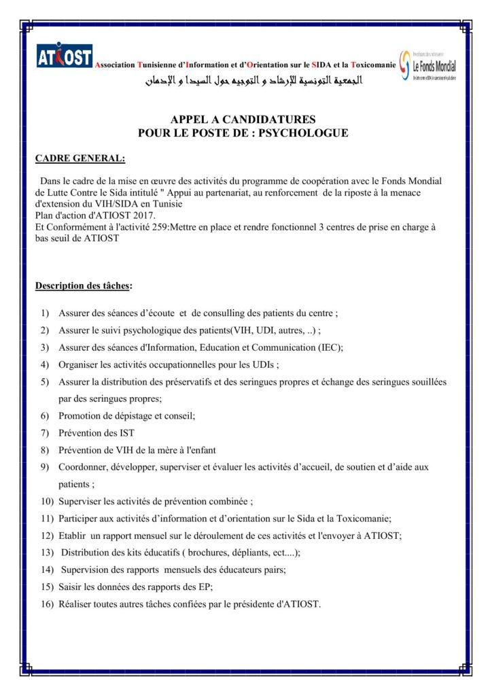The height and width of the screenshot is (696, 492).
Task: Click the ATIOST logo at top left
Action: (x=65, y=57)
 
